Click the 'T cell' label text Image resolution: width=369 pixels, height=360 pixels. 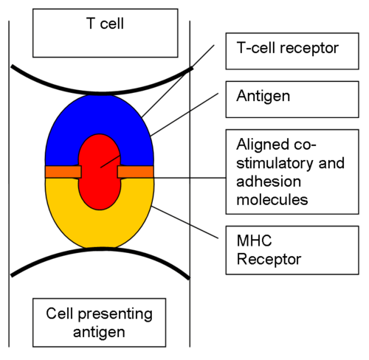(105, 24)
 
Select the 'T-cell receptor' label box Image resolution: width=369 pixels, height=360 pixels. (292, 51)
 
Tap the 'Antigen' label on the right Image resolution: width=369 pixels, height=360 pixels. (263, 96)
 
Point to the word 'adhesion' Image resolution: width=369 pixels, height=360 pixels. (269, 181)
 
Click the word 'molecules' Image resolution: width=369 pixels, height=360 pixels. (272, 199)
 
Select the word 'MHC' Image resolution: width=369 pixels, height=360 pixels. (254, 240)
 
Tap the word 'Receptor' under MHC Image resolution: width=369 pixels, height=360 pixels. (269, 259)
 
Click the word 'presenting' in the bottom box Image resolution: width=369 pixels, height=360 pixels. (115, 314)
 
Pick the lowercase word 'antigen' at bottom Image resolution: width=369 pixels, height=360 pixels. (99, 333)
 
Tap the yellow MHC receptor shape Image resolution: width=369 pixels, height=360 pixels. (100, 229)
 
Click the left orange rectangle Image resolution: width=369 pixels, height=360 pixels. (63, 172)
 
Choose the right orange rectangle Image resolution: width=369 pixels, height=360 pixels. (136, 172)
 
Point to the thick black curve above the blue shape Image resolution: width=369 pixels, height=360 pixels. (101, 93)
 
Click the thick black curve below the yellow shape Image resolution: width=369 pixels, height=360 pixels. (100, 249)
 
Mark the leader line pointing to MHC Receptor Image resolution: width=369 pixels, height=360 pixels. (185, 223)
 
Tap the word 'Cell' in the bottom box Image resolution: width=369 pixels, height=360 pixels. (60, 314)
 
